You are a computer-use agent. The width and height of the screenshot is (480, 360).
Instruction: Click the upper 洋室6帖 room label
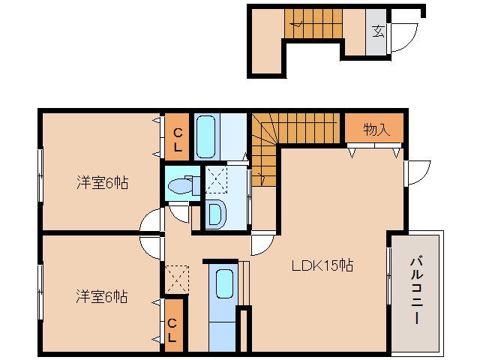(x=100, y=182)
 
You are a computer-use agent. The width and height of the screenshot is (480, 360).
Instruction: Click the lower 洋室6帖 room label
(x=100, y=297)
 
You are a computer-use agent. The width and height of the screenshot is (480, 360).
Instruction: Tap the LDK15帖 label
(x=322, y=265)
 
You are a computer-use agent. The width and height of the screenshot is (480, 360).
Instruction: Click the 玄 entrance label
(x=378, y=31)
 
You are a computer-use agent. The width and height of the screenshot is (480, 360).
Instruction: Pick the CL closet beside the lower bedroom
(x=172, y=331)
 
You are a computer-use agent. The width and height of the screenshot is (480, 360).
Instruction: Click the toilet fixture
(x=180, y=185)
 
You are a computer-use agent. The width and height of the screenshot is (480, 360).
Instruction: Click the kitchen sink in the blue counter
(x=223, y=286)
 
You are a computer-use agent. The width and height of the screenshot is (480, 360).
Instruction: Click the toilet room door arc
(x=179, y=214)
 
